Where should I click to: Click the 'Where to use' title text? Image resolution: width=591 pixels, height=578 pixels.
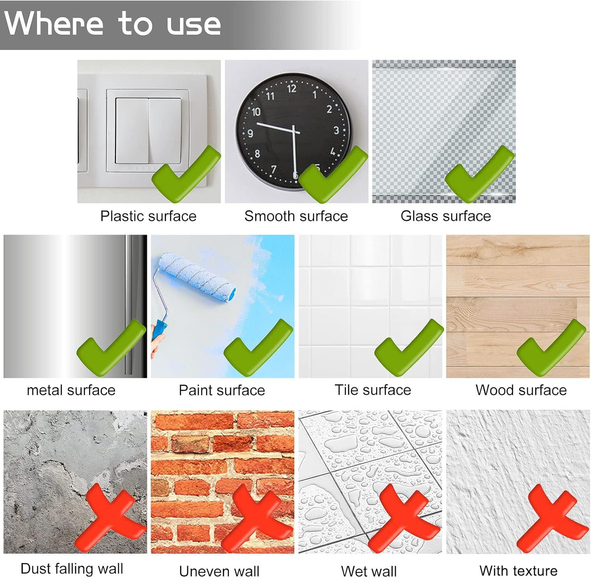[112, 23]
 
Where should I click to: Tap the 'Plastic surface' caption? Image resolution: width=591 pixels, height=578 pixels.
[148, 216]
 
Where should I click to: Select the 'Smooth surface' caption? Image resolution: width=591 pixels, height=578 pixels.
[296, 216]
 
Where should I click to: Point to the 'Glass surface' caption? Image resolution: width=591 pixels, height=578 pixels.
[446, 216]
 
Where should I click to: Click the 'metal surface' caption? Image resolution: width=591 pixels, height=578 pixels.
[71, 390]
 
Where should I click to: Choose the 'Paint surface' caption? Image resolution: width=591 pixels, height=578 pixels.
[222, 390]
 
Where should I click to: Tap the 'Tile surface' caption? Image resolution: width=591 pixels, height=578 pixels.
[373, 390]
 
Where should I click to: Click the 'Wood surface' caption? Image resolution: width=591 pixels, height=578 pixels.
[521, 390]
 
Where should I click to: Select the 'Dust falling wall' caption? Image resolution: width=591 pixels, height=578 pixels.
[72, 569]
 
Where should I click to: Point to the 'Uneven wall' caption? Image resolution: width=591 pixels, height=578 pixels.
[219, 571]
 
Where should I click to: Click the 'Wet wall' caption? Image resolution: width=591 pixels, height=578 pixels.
[369, 571]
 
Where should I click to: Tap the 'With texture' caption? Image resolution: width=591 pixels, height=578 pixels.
[519, 571]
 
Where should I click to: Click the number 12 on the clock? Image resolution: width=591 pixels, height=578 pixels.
[292, 89]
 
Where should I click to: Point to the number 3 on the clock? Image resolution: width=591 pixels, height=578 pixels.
[336, 130]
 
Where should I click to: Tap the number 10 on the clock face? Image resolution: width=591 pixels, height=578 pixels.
[256, 112]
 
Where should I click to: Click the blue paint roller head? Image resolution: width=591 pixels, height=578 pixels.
[197, 278]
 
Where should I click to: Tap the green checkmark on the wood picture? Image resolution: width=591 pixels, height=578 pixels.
[551, 347]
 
